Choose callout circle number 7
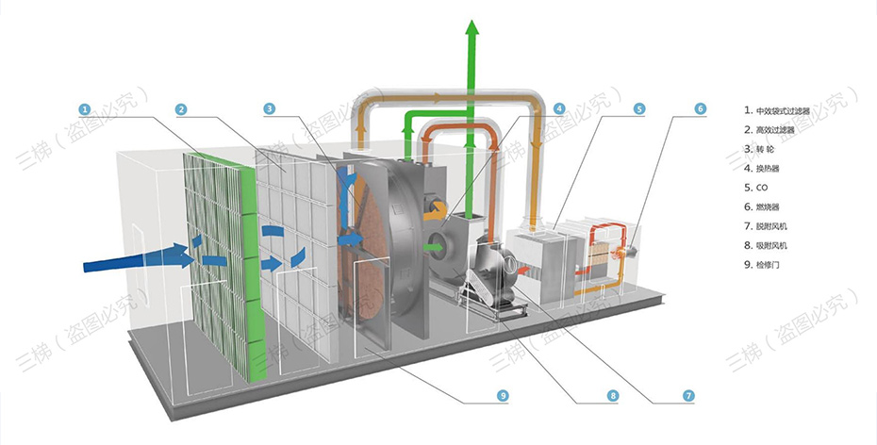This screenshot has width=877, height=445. (688, 395)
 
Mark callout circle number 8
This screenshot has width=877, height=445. (613, 395)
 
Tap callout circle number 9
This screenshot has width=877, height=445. (504, 395)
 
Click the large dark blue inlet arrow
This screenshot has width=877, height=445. (132, 256)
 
